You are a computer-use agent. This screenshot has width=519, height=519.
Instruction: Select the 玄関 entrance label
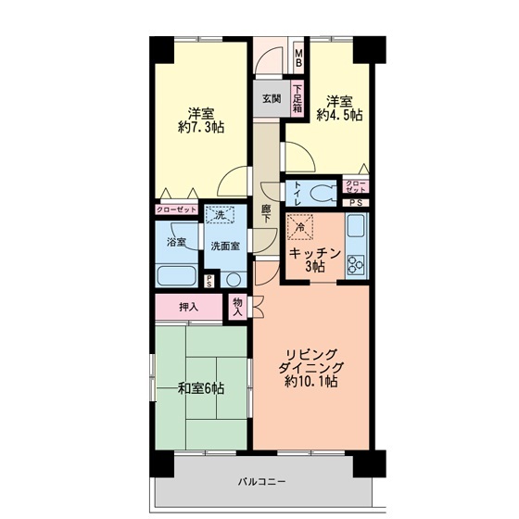270,97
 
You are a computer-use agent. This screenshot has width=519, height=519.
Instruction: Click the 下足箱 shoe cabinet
298,99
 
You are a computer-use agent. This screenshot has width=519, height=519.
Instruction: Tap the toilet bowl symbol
323,194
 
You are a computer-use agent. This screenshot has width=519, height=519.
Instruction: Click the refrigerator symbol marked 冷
300,225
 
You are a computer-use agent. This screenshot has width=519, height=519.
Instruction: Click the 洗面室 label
224,247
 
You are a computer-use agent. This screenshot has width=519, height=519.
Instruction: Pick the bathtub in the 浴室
176,277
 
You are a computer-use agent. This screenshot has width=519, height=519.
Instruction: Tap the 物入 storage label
238,307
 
